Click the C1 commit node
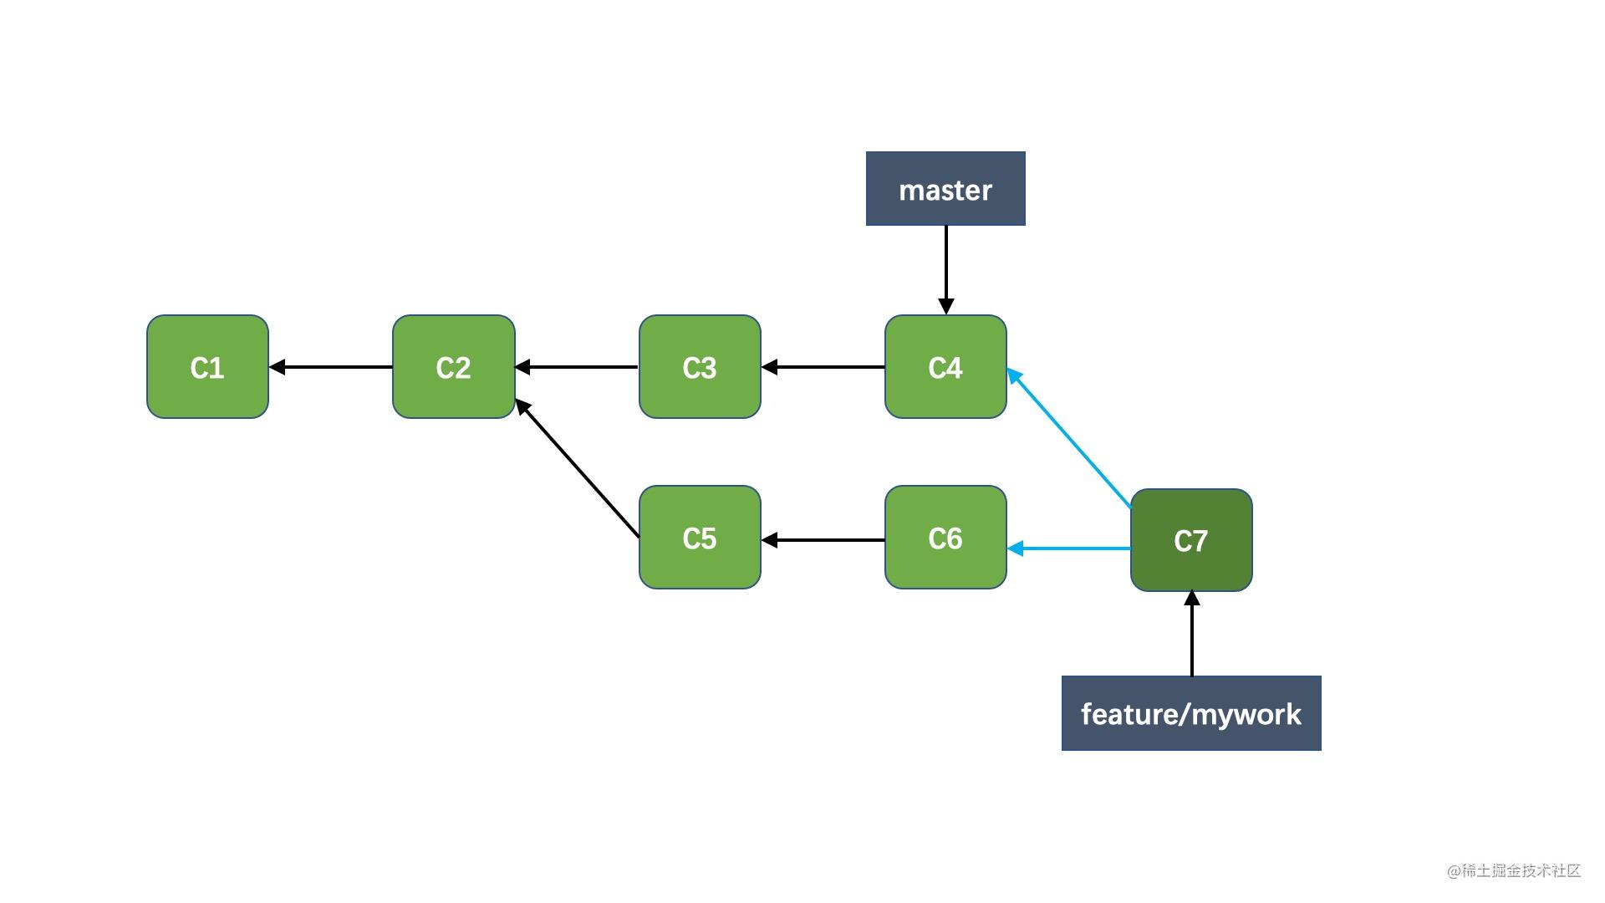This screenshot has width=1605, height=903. point(207,367)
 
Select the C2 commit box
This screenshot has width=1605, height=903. point(453,367)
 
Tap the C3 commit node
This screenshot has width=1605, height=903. point(700,367)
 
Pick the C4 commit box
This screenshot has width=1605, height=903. point(945,367)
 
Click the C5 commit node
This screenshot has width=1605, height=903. point(700,538)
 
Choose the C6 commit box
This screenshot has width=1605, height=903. point(945,538)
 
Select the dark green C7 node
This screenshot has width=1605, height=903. point(1191,541)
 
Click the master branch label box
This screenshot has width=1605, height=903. point(945,189)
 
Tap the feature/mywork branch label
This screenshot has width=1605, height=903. point(1191,713)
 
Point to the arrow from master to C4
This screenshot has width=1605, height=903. point(945,268)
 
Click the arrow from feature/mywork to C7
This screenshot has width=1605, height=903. point(1191,635)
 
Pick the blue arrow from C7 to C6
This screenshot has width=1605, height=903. point(1070,548)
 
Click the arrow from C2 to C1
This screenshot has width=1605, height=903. point(331,367)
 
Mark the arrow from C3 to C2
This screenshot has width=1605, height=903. point(577,367)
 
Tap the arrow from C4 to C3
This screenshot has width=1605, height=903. point(823,367)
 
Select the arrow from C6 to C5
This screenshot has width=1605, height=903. point(823,540)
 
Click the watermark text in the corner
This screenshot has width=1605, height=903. point(1514,870)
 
